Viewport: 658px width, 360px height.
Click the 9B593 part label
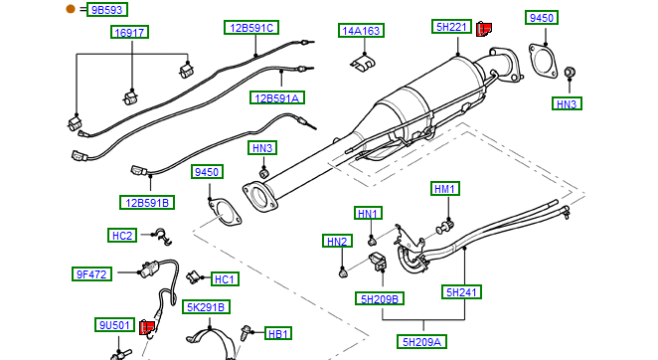click(107, 10)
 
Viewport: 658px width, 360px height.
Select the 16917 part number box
click(129, 33)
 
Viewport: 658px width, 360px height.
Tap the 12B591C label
click(251, 28)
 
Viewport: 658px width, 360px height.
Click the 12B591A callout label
click(277, 97)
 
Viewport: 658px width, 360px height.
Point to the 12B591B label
click(147, 203)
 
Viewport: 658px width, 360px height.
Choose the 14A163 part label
click(362, 31)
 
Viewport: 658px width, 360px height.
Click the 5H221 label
click(451, 27)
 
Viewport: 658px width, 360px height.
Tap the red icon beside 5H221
click(484, 30)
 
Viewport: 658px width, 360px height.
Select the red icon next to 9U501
click(146, 327)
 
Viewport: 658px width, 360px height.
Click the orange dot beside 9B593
click(71, 9)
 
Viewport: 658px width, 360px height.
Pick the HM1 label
click(445, 189)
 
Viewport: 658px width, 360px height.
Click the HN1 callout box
click(368, 214)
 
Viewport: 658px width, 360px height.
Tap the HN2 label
click(337, 241)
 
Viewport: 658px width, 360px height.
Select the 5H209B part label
click(380, 298)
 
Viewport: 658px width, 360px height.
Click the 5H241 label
click(461, 292)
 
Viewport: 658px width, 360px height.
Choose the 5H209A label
click(421, 341)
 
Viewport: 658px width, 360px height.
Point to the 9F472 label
click(91, 274)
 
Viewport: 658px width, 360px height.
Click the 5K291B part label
click(206, 307)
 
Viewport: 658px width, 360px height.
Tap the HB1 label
click(278, 334)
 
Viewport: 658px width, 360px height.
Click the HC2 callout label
click(122, 236)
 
